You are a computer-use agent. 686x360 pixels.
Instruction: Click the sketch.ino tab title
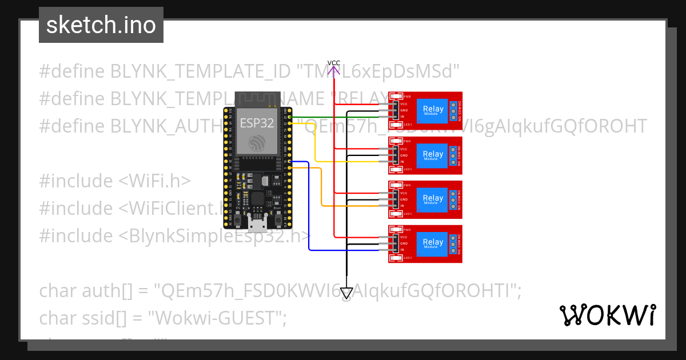click(x=101, y=25)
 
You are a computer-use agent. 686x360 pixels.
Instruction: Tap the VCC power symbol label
click(x=334, y=63)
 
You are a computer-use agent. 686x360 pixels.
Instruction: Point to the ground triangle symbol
click(x=346, y=293)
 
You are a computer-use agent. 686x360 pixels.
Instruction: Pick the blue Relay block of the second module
click(x=433, y=155)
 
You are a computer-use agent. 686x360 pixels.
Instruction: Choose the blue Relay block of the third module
click(x=433, y=199)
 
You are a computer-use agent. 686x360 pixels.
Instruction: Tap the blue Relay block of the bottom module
click(x=433, y=243)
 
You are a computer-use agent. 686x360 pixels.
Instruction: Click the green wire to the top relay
click(x=343, y=118)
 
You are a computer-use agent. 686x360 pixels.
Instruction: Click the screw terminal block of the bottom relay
click(x=453, y=244)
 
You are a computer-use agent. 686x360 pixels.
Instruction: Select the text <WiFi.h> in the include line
click(x=154, y=181)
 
